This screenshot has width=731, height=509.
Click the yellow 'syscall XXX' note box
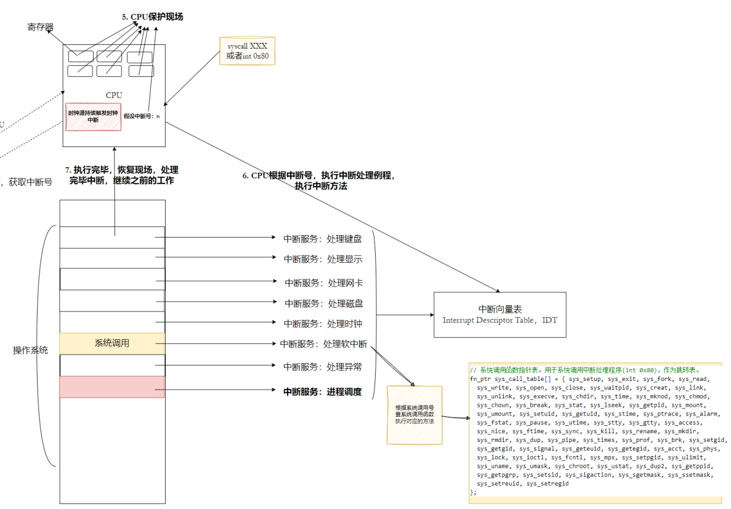(x=247, y=51)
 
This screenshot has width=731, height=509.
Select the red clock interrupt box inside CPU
(x=93, y=116)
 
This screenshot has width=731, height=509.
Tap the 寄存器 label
(x=41, y=27)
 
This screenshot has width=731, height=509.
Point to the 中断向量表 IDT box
(x=499, y=315)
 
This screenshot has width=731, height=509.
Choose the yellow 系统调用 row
(x=112, y=343)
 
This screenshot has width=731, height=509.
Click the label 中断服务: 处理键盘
(x=322, y=239)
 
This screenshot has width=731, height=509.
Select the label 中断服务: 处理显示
(x=323, y=259)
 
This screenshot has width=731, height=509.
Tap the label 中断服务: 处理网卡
(x=323, y=283)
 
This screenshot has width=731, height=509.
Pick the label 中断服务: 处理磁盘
(x=323, y=303)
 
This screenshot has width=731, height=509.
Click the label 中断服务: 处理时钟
(x=323, y=323)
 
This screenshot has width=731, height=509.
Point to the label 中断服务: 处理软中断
(x=323, y=344)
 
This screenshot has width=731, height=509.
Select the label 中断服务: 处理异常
(x=322, y=367)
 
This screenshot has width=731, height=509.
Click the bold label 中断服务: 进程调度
(x=322, y=391)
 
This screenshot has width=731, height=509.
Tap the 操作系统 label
(x=31, y=350)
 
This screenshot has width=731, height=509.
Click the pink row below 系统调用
(x=112, y=387)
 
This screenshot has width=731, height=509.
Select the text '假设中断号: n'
(x=141, y=116)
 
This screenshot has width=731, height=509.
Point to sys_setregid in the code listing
(x=547, y=484)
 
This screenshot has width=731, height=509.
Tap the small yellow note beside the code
(x=414, y=415)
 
